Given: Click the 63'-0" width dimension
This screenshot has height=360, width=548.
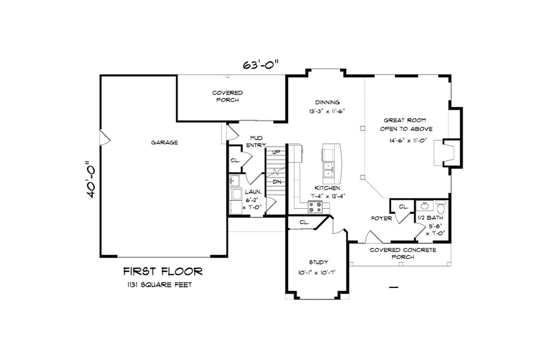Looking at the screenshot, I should (x=261, y=65).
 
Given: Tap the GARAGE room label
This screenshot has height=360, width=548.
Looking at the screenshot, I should (x=164, y=142).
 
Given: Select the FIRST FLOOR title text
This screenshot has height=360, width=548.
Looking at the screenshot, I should (x=162, y=271).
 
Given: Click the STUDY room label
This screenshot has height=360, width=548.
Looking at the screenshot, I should (x=318, y=262).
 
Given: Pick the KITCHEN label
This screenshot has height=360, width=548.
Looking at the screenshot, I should (x=327, y=188).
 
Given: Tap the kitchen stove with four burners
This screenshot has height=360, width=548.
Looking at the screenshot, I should (x=315, y=207).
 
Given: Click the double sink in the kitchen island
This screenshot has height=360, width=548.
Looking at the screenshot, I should (x=329, y=168).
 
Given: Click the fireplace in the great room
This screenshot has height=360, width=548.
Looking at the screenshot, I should (x=448, y=152).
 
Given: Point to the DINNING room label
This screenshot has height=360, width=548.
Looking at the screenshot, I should (x=327, y=102).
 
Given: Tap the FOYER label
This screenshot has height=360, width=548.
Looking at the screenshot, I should (x=381, y=218).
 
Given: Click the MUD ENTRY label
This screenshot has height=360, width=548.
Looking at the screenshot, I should (x=255, y=141).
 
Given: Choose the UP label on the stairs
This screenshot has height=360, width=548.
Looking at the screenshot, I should (x=276, y=152).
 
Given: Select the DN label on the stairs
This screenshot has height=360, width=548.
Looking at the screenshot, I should (x=277, y=181).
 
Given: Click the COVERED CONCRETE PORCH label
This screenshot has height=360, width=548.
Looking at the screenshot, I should (x=399, y=254).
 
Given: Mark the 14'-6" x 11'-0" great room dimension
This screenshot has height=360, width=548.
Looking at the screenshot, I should (x=408, y=140).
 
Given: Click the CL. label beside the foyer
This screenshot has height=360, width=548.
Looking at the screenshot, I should (x=403, y=207).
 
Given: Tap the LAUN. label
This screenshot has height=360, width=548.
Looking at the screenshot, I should (x=253, y=191).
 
